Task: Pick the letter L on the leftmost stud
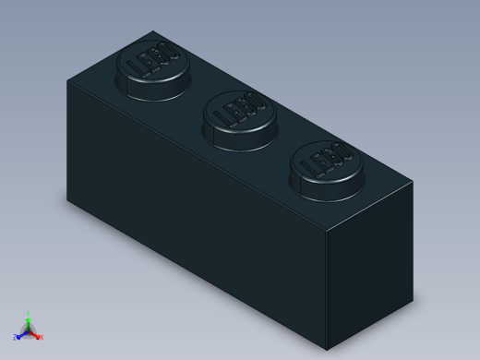(x=136, y=69)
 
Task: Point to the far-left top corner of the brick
(x=67, y=81)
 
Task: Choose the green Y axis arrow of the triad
(x=29, y=320)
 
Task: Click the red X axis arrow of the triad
(x=35, y=334)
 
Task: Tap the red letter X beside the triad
(x=42, y=337)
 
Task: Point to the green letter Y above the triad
(x=29, y=313)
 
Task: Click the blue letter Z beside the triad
(x=15, y=337)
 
